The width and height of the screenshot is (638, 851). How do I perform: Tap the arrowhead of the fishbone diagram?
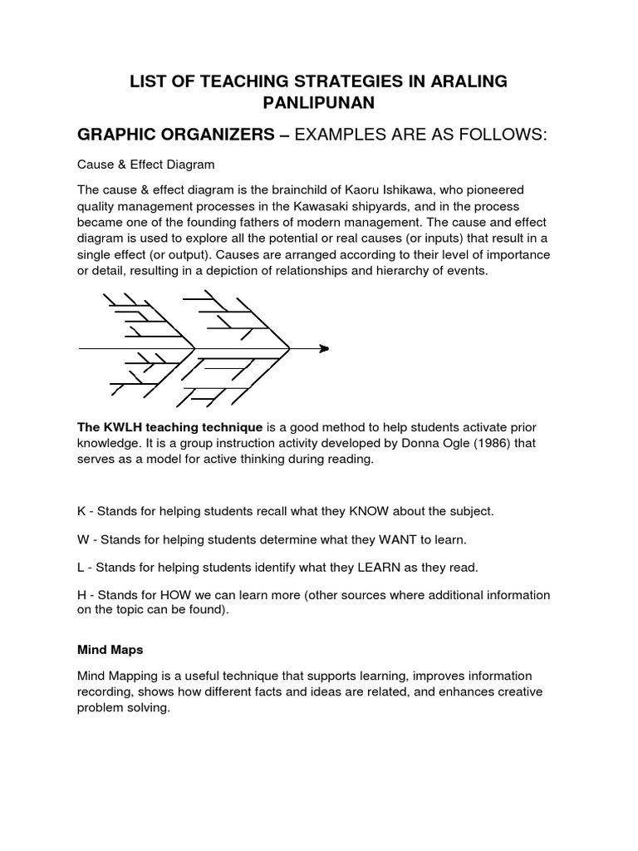point(323,348)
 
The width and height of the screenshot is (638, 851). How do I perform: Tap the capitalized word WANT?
point(403,539)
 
